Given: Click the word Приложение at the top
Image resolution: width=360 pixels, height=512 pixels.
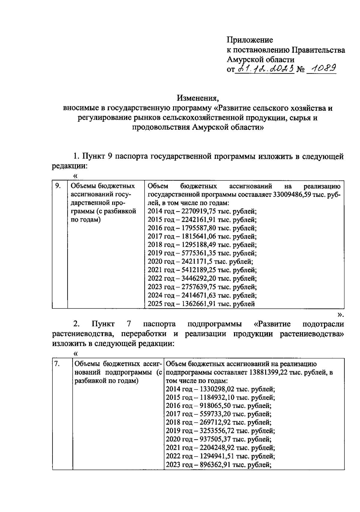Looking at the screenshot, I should pyautogui.click(x=250, y=40).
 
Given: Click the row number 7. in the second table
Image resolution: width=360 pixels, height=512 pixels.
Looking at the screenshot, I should pyautogui.click(x=57, y=364).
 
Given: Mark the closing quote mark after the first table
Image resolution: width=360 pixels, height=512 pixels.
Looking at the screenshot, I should pyautogui.click(x=340, y=314).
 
